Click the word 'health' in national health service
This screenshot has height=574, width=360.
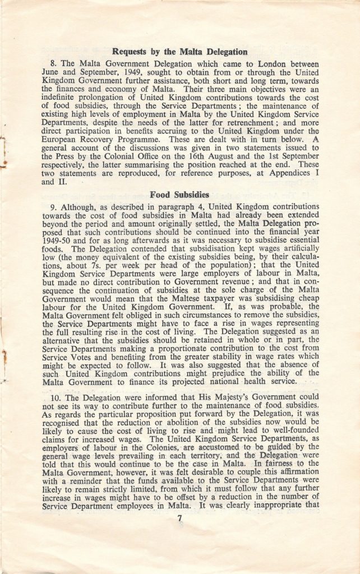pyautogui.click(x=255, y=382)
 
